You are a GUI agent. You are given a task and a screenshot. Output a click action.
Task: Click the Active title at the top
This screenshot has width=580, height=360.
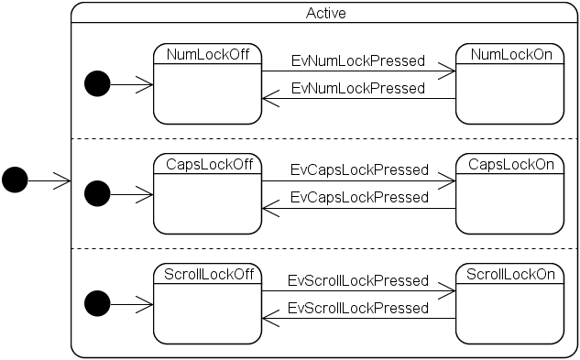[x=326, y=14]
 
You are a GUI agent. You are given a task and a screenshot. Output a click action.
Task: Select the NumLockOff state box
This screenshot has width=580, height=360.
[x=207, y=84]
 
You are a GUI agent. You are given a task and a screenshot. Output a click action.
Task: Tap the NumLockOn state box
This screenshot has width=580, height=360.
[x=510, y=84]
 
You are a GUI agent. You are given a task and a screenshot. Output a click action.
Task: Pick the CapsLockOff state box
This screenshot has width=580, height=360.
[x=207, y=194]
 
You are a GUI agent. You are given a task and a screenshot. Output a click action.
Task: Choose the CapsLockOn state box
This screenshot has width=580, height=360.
[x=510, y=194]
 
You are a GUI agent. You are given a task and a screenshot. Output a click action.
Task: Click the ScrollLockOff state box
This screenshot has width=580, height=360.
[x=207, y=304]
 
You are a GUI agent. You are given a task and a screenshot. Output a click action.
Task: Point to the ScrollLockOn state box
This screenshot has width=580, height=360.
[x=510, y=304]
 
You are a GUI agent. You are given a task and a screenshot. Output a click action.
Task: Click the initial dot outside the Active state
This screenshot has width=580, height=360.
[x=15, y=180]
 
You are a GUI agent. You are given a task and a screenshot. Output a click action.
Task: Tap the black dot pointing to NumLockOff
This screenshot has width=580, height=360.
[x=97, y=84]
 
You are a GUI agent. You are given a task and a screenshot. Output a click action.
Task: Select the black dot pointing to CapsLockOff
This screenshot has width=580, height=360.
[x=97, y=193]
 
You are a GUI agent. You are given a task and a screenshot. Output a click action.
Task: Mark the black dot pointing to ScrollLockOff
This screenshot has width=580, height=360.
[x=97, y=303]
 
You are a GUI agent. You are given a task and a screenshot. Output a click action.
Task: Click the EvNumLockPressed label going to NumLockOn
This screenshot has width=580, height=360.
[x=358, y=60]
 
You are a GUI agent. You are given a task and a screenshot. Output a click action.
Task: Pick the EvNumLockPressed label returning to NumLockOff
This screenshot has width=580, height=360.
[x=358, y=89]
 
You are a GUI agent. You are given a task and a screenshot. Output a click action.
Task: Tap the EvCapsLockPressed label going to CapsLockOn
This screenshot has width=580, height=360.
[x=359, y=169]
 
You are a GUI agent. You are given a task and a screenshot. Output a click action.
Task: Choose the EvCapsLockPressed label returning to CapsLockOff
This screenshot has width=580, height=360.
[x=359, y=197]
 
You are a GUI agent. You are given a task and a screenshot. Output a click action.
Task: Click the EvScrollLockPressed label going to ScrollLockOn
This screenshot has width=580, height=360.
[x=358, y=280]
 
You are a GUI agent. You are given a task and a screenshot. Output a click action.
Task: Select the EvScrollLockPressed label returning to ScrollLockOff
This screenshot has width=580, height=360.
[x=358, y=308]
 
